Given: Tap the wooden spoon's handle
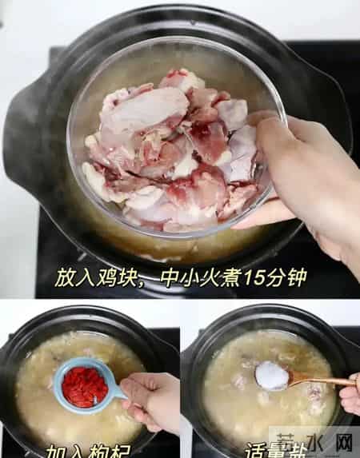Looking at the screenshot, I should [320, 381].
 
